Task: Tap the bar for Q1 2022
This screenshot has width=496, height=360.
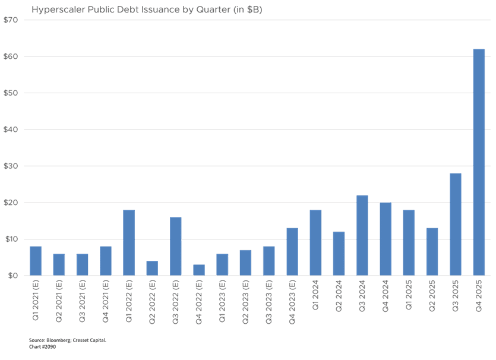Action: coord(129,243)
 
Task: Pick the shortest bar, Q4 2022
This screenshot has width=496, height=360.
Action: coord(199,270)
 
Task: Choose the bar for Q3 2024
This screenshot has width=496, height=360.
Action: coord(362,235)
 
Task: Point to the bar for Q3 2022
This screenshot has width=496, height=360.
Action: coord(176,247)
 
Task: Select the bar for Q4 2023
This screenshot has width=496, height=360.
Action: coord(292,252)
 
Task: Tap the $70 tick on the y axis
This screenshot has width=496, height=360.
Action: coord(11,20)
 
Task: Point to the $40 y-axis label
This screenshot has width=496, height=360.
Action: coord(11,130)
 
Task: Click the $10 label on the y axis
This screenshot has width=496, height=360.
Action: coord(11,239)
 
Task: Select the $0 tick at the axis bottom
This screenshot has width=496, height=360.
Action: coord(10,276)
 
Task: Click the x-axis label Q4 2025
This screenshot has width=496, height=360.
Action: coord(479,293)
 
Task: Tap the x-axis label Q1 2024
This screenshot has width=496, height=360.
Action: coord(315,293)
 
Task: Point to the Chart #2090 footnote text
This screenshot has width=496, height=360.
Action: coord(42,346)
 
